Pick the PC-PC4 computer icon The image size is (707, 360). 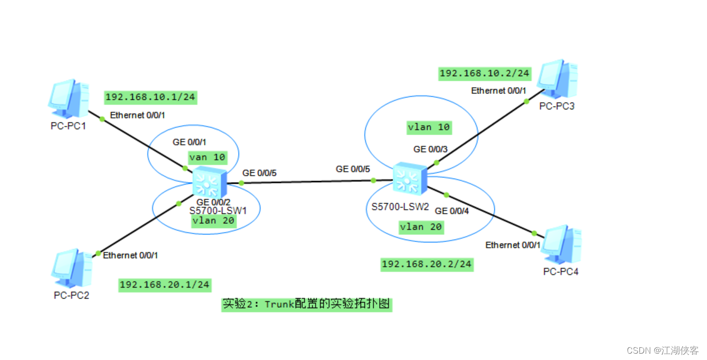[x=562, y=245]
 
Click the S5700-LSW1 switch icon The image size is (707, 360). [x=209, y=183]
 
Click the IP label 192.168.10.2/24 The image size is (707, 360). [x=485, y=73]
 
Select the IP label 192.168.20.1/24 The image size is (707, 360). [x=165, y=285]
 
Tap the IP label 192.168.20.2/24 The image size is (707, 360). [x=427, y=264]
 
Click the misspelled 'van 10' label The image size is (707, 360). [x=207, y=157]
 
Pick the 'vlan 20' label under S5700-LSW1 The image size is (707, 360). [x=213, y=221]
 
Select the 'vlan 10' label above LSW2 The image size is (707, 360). [x=429, y=127]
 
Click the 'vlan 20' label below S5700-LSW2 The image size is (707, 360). [x=421, y=227]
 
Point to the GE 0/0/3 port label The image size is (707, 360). [x=430, y=149]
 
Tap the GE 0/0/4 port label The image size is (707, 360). [x=452, y=211]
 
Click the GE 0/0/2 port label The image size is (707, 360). [x=213, y=202]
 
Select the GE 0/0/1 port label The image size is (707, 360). [x=190, y=142]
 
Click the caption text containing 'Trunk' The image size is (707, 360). [x=306, y=305]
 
